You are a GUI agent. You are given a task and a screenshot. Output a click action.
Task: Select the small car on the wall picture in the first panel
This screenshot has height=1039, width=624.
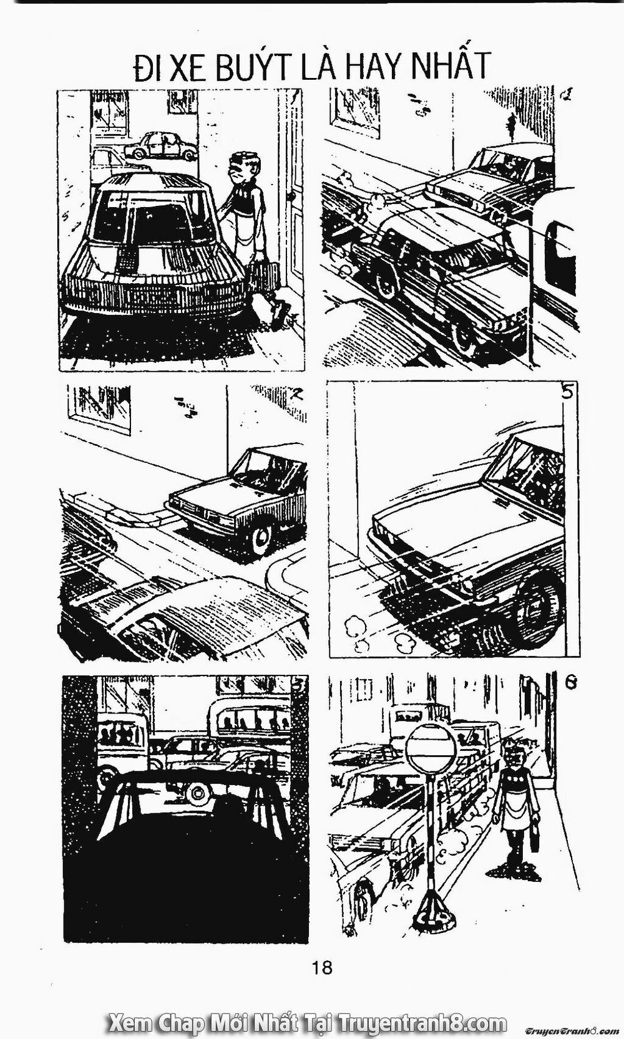click(159, 147)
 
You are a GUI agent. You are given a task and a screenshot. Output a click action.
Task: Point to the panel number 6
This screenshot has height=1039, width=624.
click(570, 683)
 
